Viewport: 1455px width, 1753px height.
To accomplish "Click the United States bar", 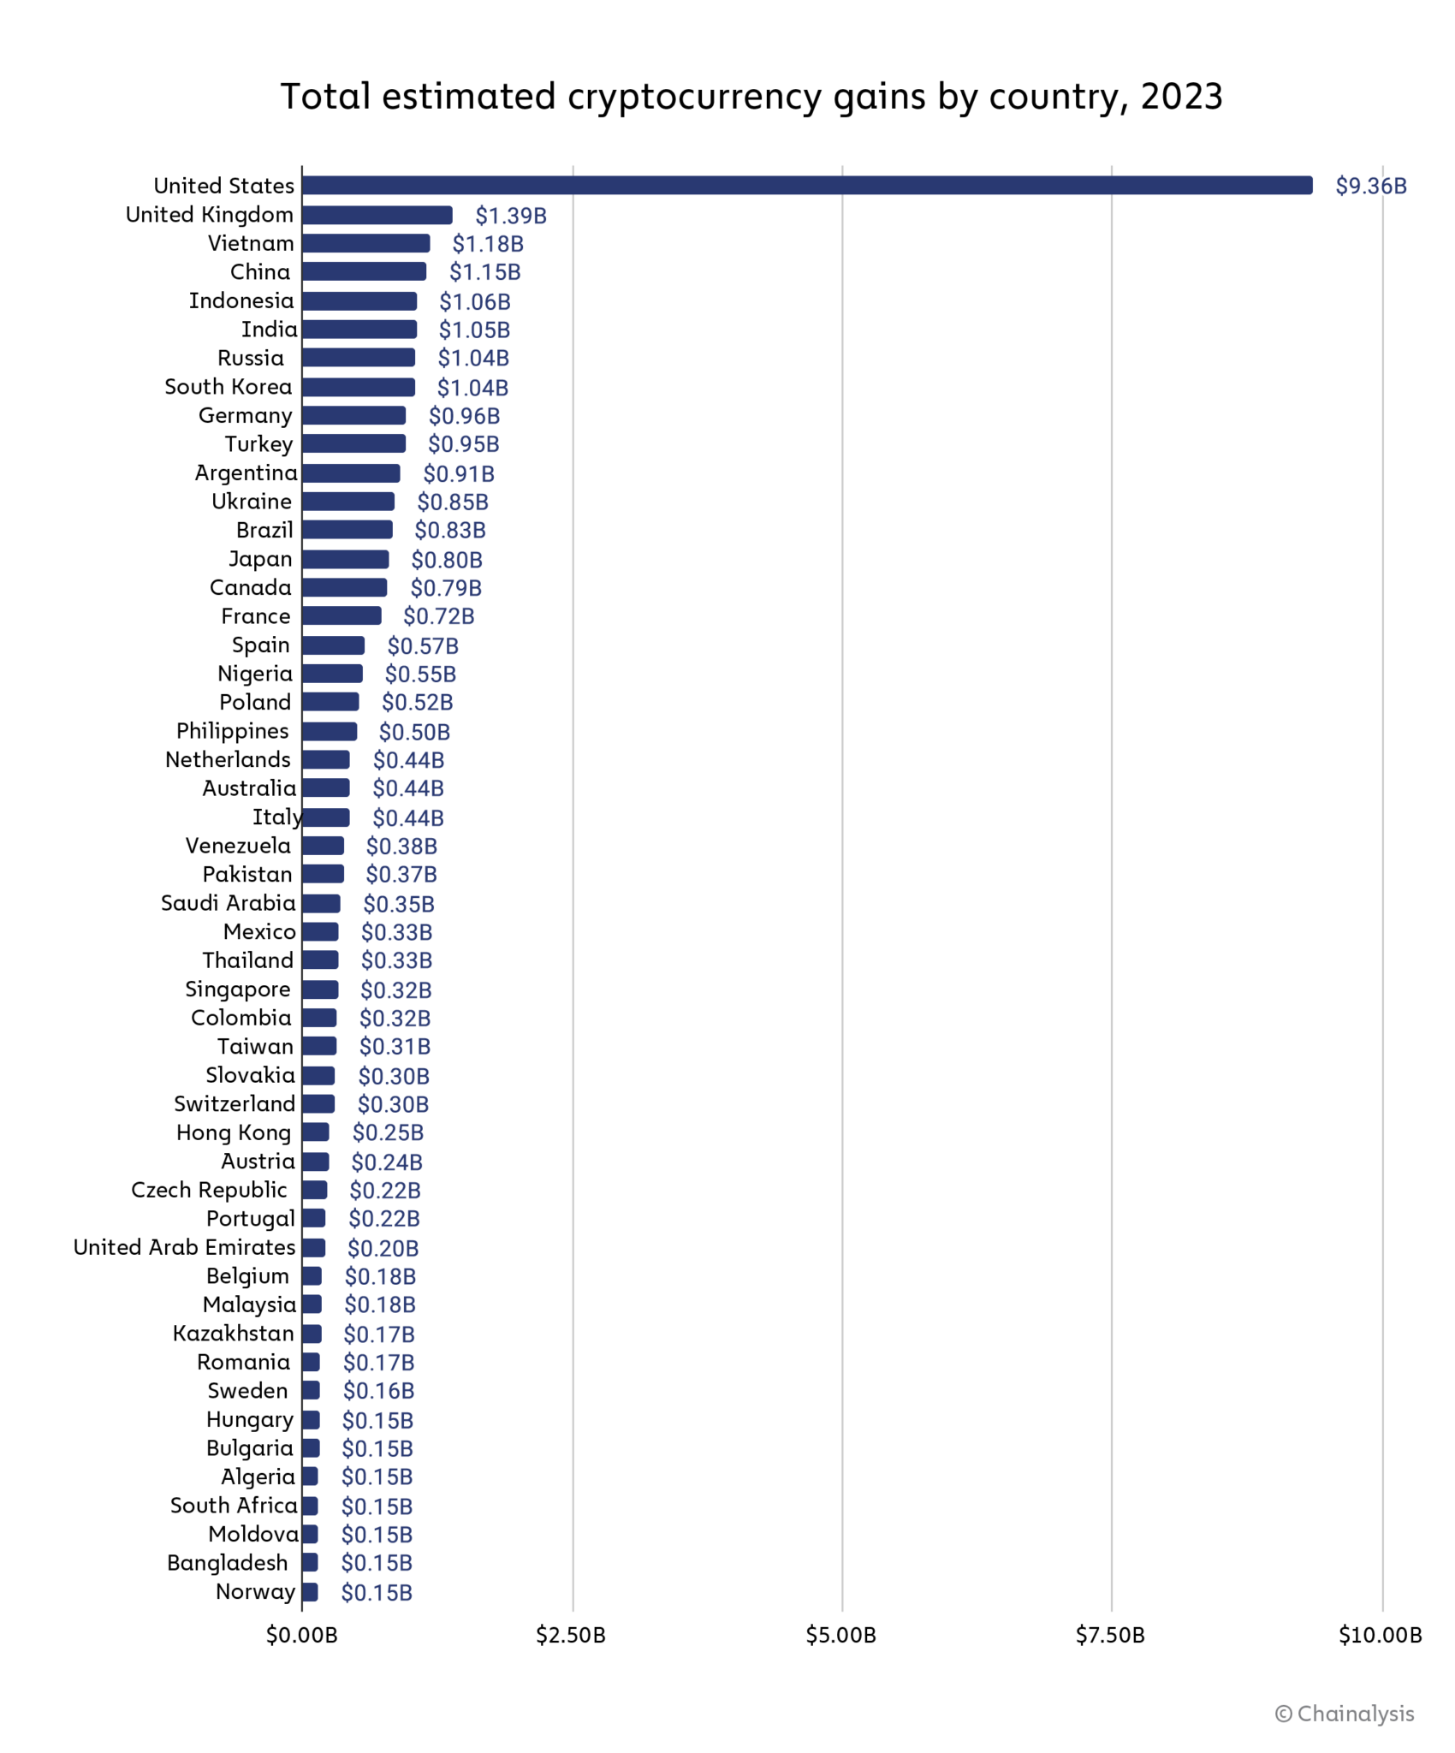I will coord(806,186).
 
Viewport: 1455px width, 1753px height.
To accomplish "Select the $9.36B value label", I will coord(1370,186).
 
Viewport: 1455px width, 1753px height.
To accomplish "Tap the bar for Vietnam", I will coord(365,243).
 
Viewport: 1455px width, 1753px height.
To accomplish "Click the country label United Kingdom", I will coord(209,215).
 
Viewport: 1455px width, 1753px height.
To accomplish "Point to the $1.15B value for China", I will coord(484,272).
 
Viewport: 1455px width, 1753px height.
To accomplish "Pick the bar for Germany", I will coord(353,415).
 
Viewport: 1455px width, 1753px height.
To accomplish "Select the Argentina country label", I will coord(246,472).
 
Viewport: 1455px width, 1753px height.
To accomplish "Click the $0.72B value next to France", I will coord(438,616).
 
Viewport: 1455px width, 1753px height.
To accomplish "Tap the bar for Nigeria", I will coord(332,674).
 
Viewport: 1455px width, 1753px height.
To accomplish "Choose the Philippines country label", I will coord(232,731).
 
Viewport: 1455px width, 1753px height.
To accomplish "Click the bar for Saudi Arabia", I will coord(321,903).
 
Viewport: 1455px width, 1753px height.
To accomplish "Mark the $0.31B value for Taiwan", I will coord(395,1046).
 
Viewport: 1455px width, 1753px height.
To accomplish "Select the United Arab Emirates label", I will coord(184,1247).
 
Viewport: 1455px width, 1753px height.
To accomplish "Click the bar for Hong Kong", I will coord(315,1132).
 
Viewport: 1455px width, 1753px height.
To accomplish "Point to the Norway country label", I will coord(255,1591).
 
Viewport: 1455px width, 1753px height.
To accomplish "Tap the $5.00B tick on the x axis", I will coord(840,1636).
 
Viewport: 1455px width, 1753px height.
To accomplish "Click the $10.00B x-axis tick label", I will coord(1380,1636).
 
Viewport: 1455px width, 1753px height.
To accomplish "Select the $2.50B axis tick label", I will coord(571,1636).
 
